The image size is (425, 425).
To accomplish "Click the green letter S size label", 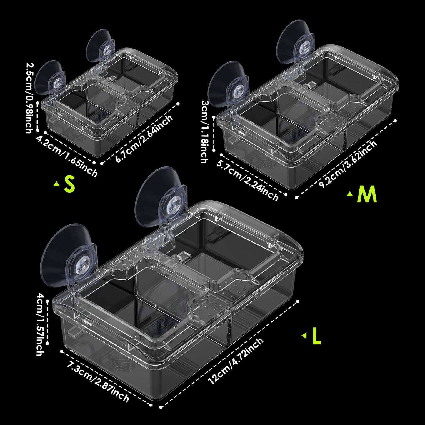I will (69, 184).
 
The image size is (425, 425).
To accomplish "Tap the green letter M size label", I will (366, 194).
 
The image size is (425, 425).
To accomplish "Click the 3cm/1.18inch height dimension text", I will (206, 131).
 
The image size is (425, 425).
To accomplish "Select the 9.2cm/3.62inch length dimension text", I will (348, 164).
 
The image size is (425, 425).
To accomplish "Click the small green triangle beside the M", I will (350, 194).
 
